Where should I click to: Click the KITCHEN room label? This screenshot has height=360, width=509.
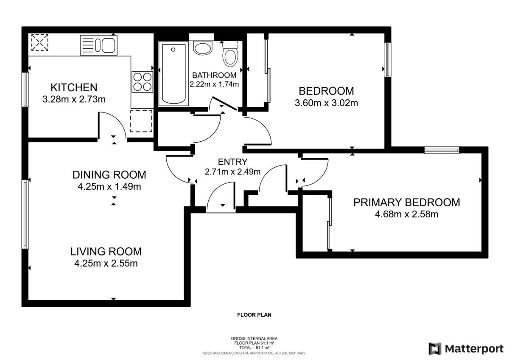pos(74,87)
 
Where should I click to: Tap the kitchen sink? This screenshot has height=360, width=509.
pos(98,45)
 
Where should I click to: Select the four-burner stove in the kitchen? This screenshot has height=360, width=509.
pos(143,82)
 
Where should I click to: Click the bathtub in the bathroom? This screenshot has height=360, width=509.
pos(173,74)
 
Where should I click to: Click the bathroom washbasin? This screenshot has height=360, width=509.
pos(203,47)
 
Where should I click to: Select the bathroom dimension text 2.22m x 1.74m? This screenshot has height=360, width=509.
pos(214,84)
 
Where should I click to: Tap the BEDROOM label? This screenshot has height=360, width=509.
pos(326,91)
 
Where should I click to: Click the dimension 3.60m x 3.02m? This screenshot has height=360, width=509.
pos(326,103)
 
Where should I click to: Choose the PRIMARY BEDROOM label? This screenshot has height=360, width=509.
pos(406,202)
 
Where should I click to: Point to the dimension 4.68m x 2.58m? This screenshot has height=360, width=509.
pos(406,214)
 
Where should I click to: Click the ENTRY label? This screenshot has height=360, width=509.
pos(232,161)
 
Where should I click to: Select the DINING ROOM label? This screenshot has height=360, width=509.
pos(109,174)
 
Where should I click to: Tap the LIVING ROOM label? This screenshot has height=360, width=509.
pos(106,251)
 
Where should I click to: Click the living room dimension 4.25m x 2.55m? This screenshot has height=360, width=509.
pos(106,264)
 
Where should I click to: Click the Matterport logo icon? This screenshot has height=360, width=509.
pos(434,349)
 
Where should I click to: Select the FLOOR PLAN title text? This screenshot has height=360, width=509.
pos(254,315)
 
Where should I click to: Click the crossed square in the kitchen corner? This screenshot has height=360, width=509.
pos(40,42)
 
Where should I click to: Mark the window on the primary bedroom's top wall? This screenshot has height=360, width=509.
pos(442,149)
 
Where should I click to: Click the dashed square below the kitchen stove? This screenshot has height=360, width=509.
pos(141,121)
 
